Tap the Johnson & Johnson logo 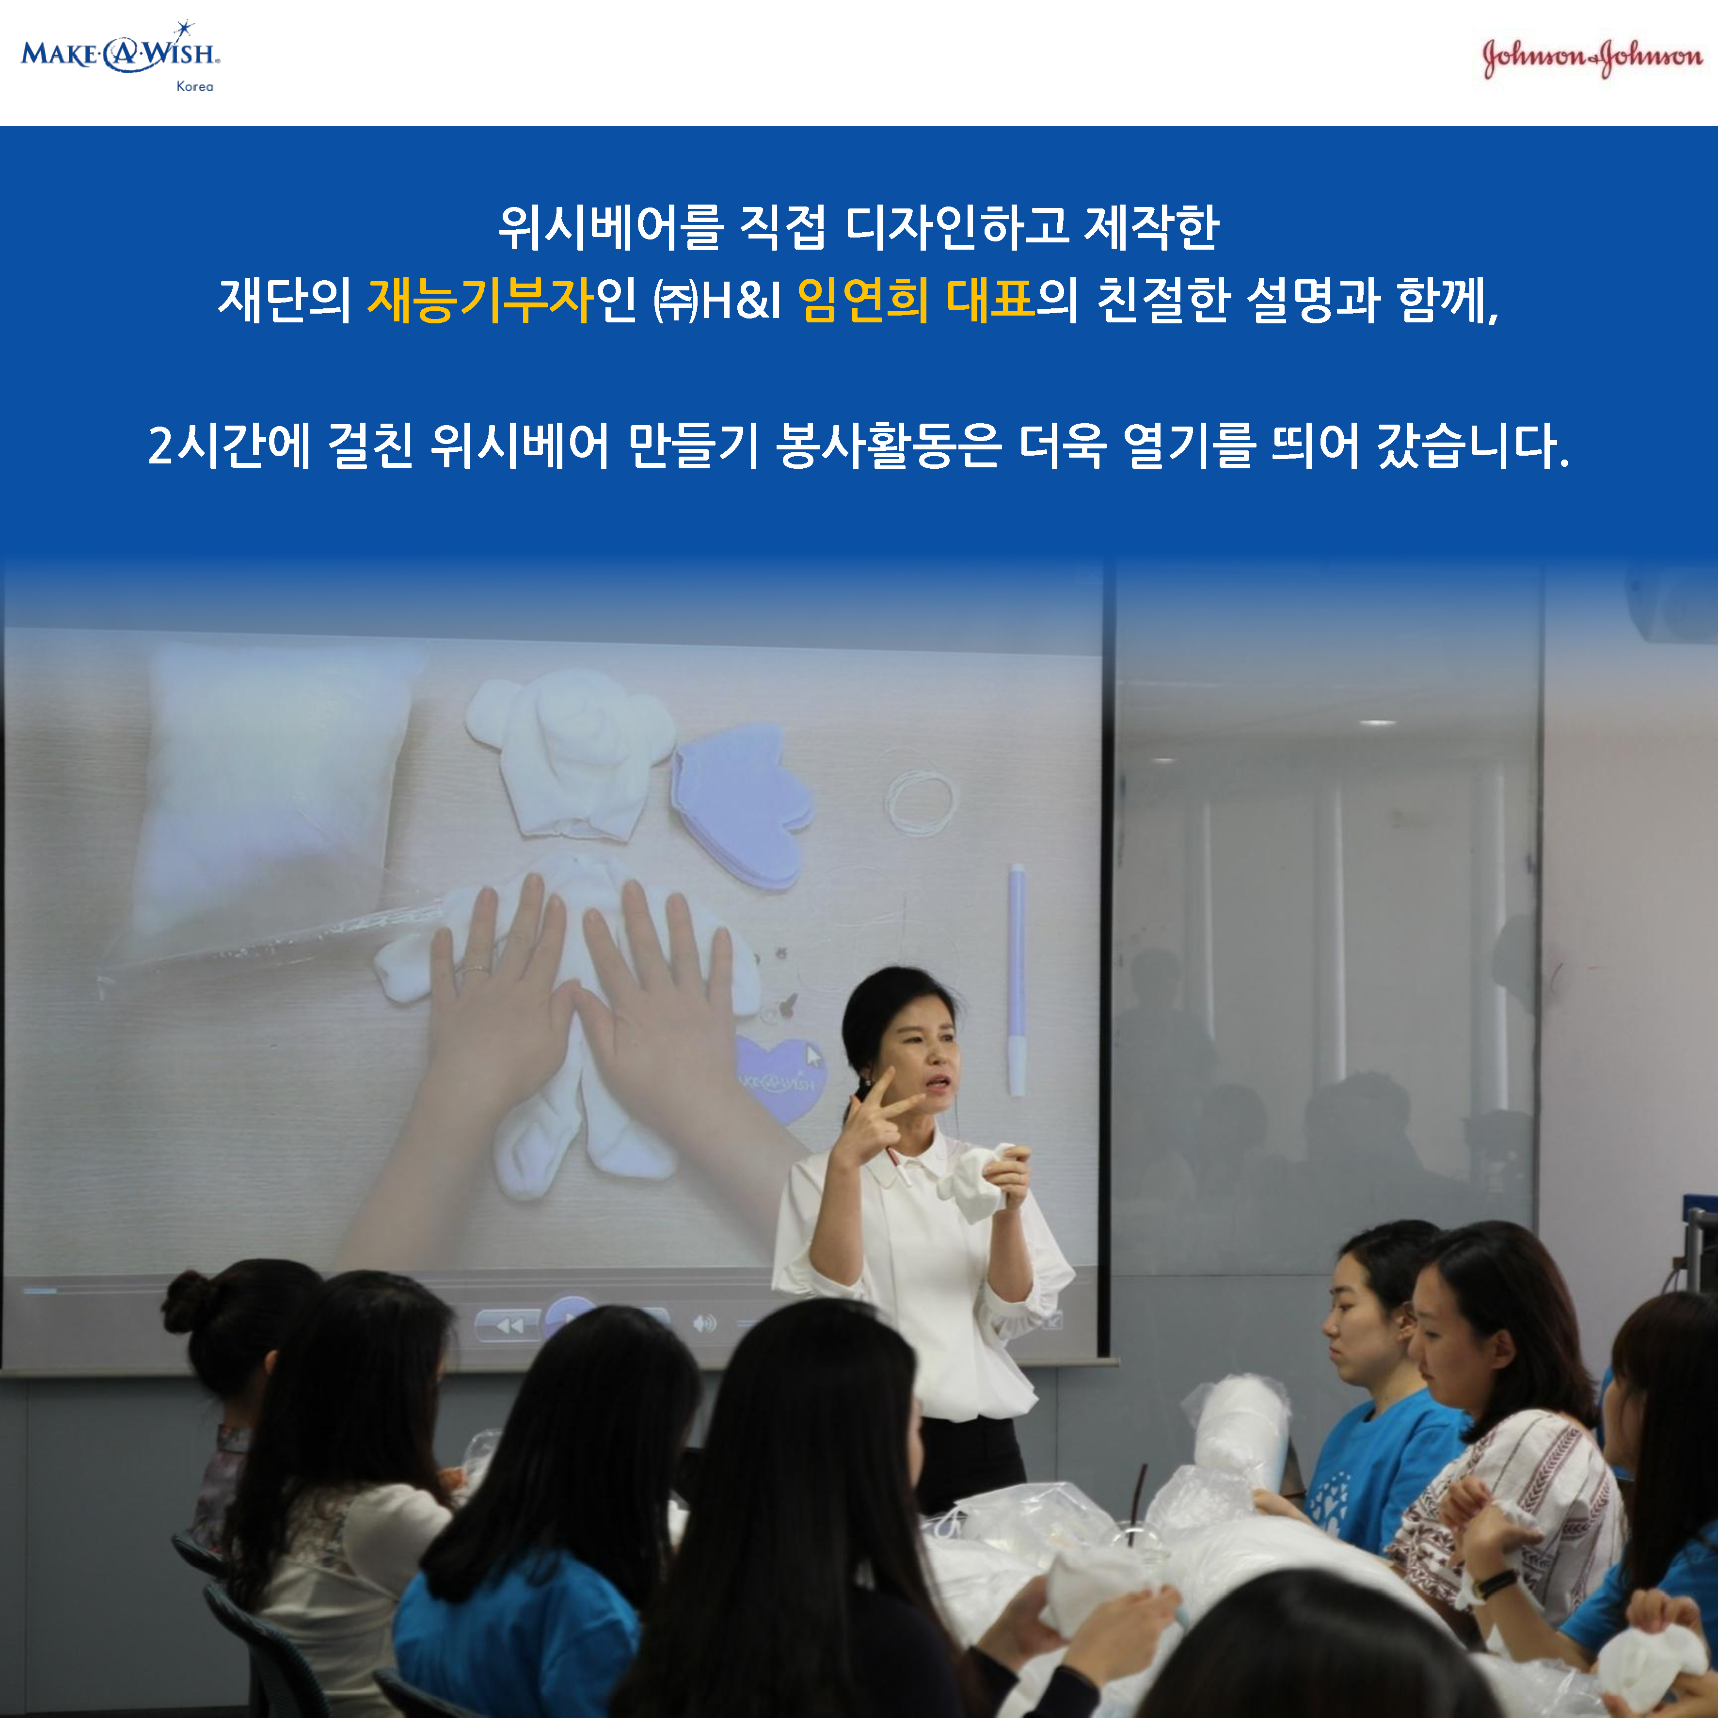coord(1592,57)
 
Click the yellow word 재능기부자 coord(480,300)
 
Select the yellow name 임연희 coord(862,300)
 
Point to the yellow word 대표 coord(990,300)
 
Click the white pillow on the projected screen coord(276,792)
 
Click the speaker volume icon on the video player coord(704,1324)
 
